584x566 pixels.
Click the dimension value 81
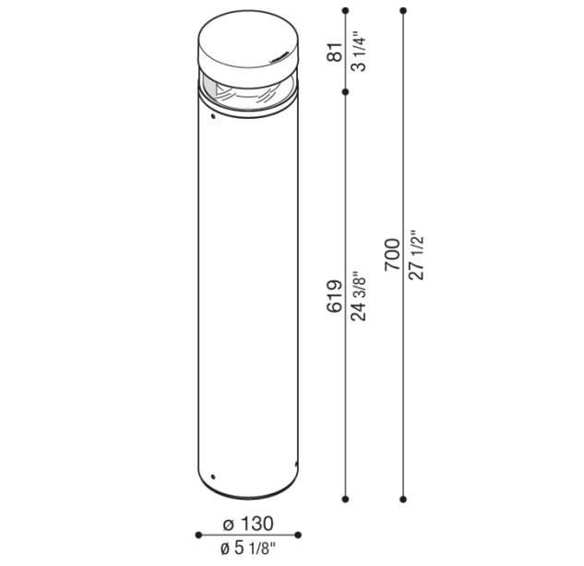coord(335,53)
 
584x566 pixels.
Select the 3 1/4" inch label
coord(359,53)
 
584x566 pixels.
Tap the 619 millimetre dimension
coord(335,296)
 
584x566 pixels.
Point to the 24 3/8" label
coord(359,296)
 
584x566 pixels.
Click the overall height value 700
coord(392,254)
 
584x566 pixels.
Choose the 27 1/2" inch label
coord(416,254)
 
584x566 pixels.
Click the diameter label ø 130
coord(248,524)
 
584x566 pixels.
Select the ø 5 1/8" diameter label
coord(248,548)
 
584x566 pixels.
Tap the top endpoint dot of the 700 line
coord(403,10)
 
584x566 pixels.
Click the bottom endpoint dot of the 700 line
coord(403,499)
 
